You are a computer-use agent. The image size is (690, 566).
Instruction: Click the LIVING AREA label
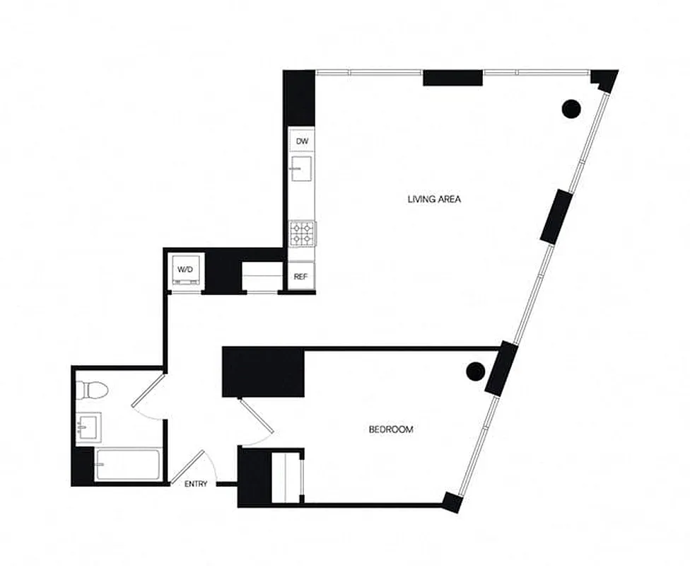click(x=434, y=200)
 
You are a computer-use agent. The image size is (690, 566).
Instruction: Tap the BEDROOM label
click(x=391, y=429)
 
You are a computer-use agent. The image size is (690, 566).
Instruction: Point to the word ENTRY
click(x=196, y=484)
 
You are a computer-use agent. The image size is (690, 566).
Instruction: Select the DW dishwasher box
click(x=302, y=141)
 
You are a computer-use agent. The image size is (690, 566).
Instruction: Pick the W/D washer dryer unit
click(x=186, y=270)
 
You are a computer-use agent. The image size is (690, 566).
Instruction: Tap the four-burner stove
click(x=302, y=233)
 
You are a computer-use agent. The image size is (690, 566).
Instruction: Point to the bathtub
click(x=127, y=465)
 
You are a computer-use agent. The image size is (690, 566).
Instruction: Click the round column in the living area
click(x=571, y=108)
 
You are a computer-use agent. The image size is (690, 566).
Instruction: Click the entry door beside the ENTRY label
click(x=188, y=468)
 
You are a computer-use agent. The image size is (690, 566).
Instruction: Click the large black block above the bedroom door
click(x=264, y=372)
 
